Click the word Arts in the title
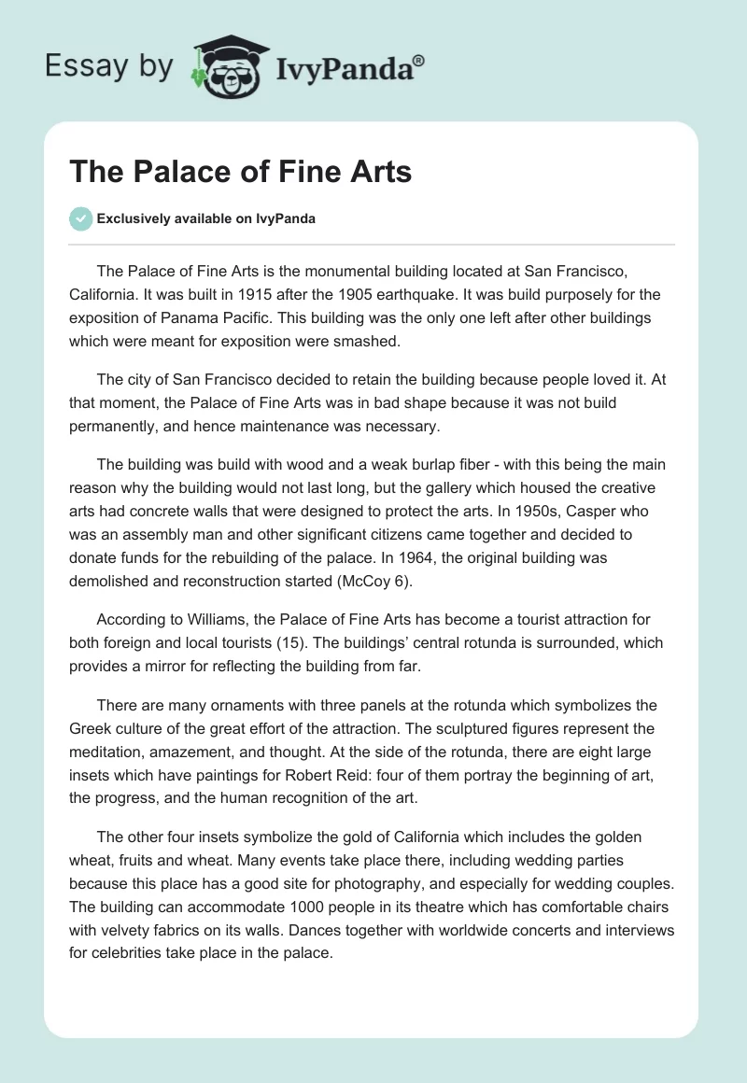(x=374, y=172)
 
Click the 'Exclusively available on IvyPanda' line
(x=206, y=218)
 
